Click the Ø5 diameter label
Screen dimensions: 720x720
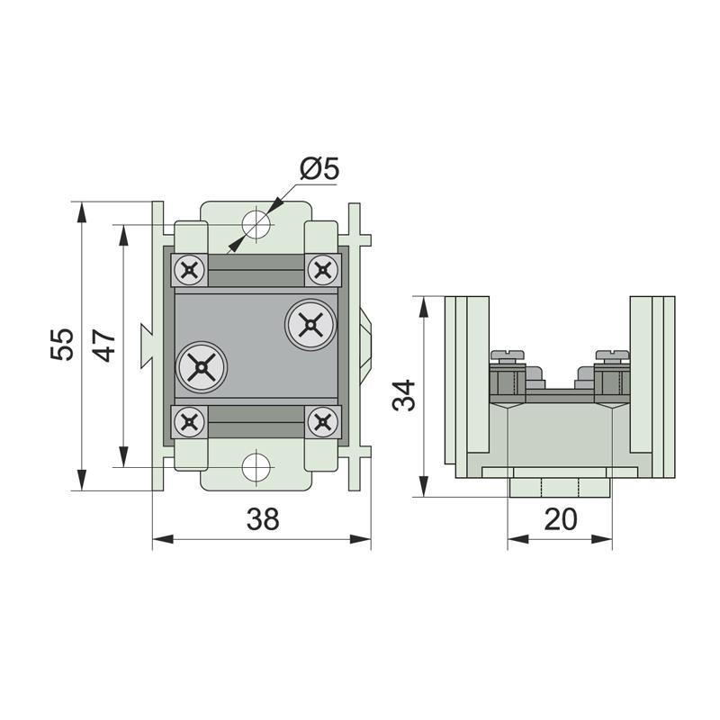tap(319, 168)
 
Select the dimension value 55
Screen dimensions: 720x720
tap(61, 344)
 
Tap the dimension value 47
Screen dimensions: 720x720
tap(103, 344)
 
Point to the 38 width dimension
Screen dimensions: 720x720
tap(262, 519)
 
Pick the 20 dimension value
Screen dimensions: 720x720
tap(560, 520)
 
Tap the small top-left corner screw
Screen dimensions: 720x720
tap(190, 268)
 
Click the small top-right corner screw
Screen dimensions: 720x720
tap(322, 268)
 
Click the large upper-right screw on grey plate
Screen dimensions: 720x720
tap(310, 324)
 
